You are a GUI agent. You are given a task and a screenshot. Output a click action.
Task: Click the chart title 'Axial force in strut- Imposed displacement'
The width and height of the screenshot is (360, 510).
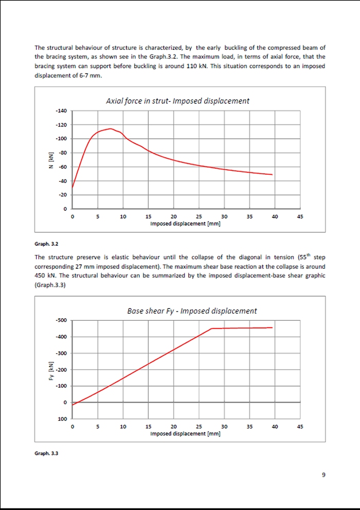(177, 101)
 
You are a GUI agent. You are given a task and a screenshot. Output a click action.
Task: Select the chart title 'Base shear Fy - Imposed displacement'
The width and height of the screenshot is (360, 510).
(192, 311)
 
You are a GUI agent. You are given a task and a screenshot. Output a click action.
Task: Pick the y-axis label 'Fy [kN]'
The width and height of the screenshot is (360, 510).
(50, 370)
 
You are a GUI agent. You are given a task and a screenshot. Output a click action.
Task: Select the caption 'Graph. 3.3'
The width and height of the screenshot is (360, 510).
(46, 453)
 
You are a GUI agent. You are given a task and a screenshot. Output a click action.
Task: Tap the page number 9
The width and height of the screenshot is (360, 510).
(323, 475)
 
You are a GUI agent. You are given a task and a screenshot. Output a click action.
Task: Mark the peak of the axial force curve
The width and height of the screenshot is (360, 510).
(110, 129)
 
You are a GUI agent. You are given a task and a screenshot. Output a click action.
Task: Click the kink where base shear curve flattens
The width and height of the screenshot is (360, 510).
(212, 329)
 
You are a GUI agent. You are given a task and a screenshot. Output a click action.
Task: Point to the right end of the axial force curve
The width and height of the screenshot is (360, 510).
(272, 174)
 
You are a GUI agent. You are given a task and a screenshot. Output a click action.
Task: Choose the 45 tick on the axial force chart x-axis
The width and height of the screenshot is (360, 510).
(300, 216)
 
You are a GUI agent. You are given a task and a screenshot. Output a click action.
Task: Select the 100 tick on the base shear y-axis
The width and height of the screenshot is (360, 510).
(62, 419)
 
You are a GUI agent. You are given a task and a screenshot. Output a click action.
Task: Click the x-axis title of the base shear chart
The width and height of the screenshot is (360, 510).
(185, 433)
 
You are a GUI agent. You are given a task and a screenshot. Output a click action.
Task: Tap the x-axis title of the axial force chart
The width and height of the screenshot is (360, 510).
(185, 224)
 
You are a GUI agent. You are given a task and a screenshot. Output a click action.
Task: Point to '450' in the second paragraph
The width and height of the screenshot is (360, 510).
(41, 276)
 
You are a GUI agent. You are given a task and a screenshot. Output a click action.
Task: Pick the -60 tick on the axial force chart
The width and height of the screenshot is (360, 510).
(62, 167)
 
